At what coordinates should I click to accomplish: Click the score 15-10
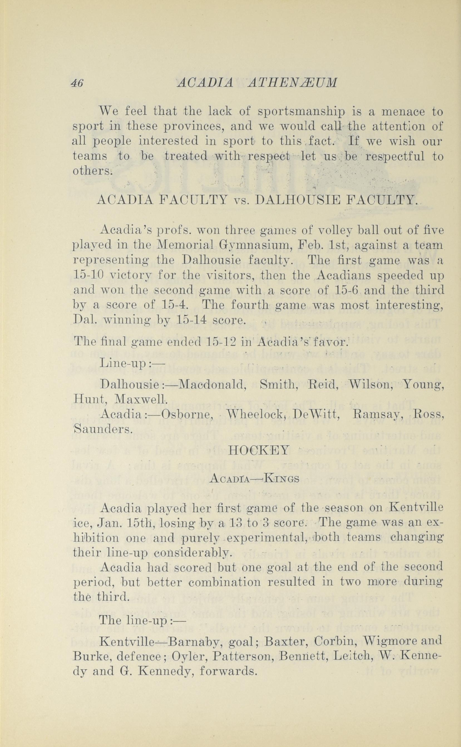click(x=89, y=275)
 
